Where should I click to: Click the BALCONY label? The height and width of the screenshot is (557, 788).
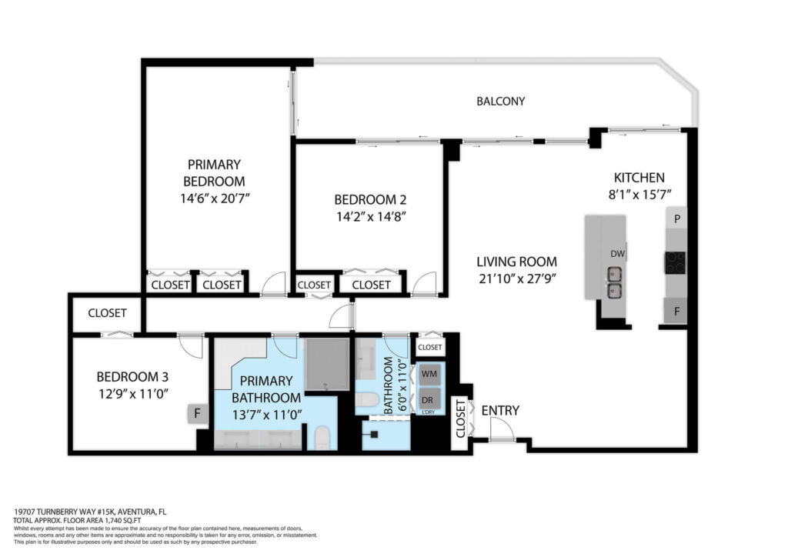[500, 101]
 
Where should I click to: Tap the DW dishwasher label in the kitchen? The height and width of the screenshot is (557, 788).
[618, 254]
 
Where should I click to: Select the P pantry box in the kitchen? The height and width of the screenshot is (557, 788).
[677, 218]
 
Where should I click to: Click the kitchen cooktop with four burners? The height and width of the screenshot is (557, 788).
[676, 262]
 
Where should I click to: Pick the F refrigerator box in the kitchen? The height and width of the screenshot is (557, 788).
[676, 311]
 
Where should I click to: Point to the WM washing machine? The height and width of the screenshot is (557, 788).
[429, 374]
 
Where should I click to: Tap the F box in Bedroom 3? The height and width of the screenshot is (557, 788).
[198, 414]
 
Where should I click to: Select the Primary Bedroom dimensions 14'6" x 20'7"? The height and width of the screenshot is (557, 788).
[215, 198]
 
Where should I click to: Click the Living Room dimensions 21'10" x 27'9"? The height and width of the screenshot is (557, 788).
[517, 278]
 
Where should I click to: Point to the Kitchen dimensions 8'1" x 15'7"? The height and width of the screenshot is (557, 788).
[639, 195]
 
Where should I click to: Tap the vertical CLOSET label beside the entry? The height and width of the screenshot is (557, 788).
[461, 419]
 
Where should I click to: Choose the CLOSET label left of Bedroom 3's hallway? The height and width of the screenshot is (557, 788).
[107, 313]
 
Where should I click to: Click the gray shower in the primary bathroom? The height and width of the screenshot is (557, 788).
[327, 364]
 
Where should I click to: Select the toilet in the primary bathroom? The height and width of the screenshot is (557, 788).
[322, 438]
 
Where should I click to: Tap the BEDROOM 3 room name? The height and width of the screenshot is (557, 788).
[132, 377]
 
